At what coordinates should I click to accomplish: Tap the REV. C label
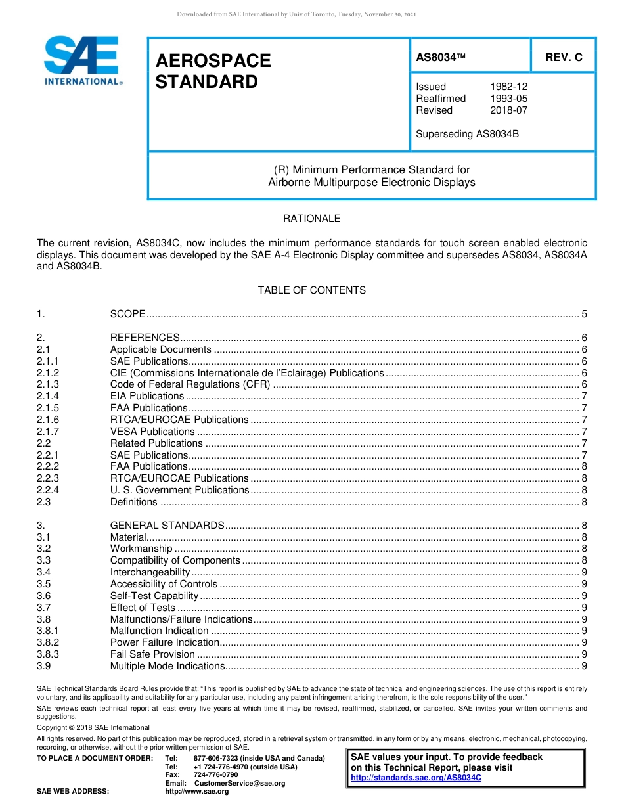click(x=564, y=57)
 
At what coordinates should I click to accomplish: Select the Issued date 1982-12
click(x=508, y=87)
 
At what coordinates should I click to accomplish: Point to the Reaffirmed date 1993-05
click(x=508, y=99)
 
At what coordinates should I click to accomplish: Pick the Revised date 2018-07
click(x=508, y=110)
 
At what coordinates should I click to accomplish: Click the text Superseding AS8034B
click(x=467, y=134)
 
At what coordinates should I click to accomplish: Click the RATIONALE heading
click(x=311, y=219)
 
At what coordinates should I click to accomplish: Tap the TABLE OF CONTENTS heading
click(x=311, y=290)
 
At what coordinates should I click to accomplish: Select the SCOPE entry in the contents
click(x=127, y=314)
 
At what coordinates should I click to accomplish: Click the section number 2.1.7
click(x=48, y=432)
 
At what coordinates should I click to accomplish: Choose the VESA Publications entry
click(x=152, y=432)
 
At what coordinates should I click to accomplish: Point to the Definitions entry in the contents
click(x=133, y=502)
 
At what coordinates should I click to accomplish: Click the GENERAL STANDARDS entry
click(x=167, y=526)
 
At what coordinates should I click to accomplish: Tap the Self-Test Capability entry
click(x=154, y=596)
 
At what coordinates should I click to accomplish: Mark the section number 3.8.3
click(x=48, y=654)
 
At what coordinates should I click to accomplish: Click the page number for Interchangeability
click(x=584, y=572)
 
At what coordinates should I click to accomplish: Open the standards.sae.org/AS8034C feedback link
click(x=416, y=778)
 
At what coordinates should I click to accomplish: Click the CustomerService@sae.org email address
click(x=240, y=783)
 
